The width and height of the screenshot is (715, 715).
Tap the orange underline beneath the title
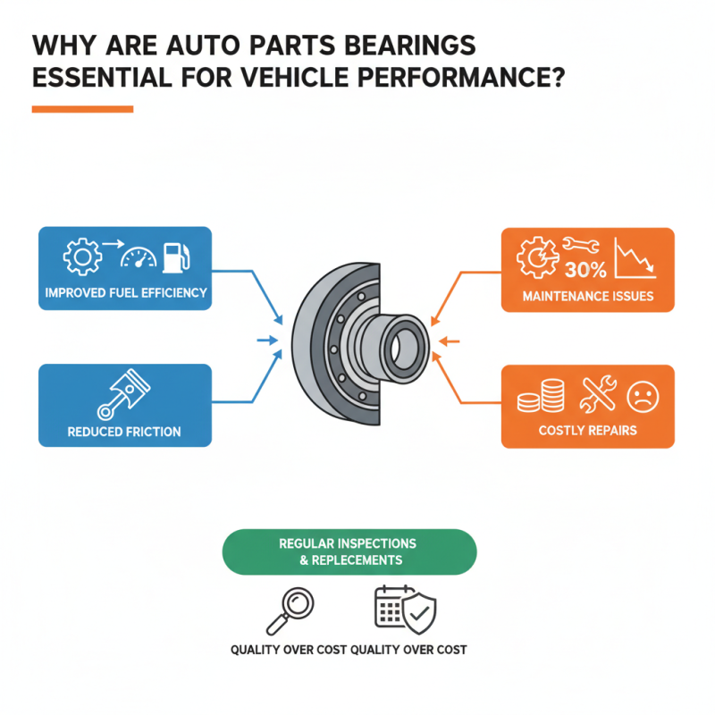82,109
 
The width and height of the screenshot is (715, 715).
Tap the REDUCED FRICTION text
124,432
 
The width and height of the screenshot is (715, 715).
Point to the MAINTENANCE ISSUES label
587,295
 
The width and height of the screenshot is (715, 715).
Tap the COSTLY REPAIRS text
587,430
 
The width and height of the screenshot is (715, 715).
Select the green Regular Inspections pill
349,551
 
